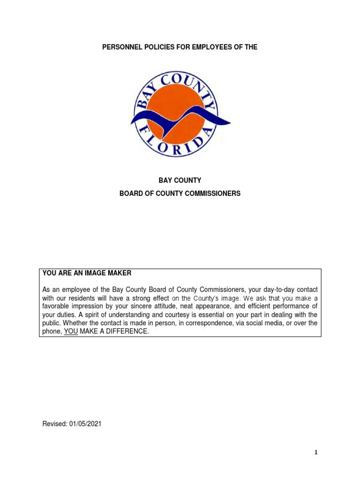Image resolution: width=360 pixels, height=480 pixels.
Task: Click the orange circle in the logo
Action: tap(176, 101)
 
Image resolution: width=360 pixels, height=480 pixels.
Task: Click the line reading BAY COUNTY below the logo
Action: tap(180, 180)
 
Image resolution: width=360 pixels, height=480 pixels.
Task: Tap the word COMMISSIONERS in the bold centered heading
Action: tap(212, 193)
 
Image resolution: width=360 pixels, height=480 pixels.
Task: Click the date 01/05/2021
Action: tap(86, 424)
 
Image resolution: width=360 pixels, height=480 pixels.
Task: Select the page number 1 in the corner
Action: tap(316, 452)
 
